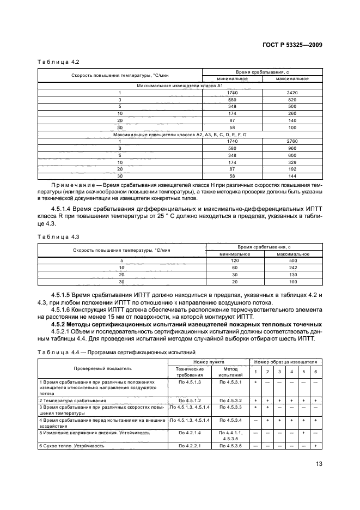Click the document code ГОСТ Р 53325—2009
(x=291, y=45)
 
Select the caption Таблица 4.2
(x=55, y=62)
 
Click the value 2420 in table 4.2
(x=292, y=93)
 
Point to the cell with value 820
(x=292, y=100)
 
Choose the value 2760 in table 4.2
(x=292, y=141)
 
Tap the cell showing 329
(x=292, y=162)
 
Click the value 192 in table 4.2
(x=292, y=169)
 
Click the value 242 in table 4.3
(x=293, y=268)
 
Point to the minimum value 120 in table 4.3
(x=235, y=261)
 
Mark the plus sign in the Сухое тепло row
(x=316, y=446)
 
